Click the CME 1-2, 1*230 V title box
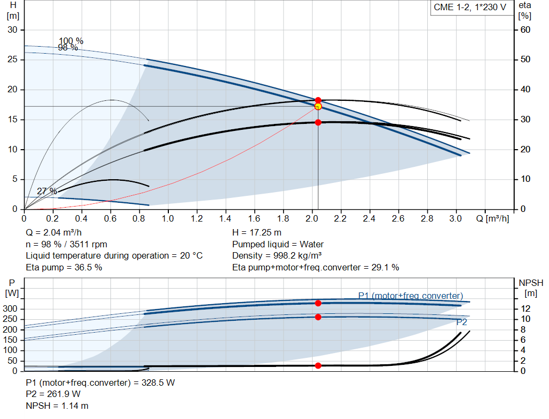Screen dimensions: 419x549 pyautogui.click(x=470, y=8)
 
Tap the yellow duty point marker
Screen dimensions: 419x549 pyautogui.click(x=318, y=106)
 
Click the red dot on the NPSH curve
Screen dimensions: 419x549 pyautogui.click(x=318, y=365)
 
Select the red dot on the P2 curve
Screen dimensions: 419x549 pyautogui.click(x=318, y=317)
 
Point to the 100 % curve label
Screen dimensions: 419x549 pyautogui.click(x=71, y=41)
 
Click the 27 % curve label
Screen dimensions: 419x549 pyautogui.click(x=47, y=192)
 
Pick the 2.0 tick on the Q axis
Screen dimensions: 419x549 pyautogui.click(x=312, y=219)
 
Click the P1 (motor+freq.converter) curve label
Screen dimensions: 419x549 pyautogui.click(x=411, y=296)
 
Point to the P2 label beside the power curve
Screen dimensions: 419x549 pyautogui.click(x=462, y=322)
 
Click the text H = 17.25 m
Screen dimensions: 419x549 pyautogui.click(x=257, y=233)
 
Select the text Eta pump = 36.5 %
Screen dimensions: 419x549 pyautogui.click(x=64, y=267)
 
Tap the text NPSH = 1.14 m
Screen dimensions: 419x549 pyautogui.click(x=57, y=406)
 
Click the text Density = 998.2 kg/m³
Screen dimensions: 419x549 pyautogui.click(x=277, y=255)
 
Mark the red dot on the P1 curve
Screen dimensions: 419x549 pyautogui.click(x=318, y=303)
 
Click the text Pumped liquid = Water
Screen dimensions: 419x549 pyautogui.click(x=278, y=244)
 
